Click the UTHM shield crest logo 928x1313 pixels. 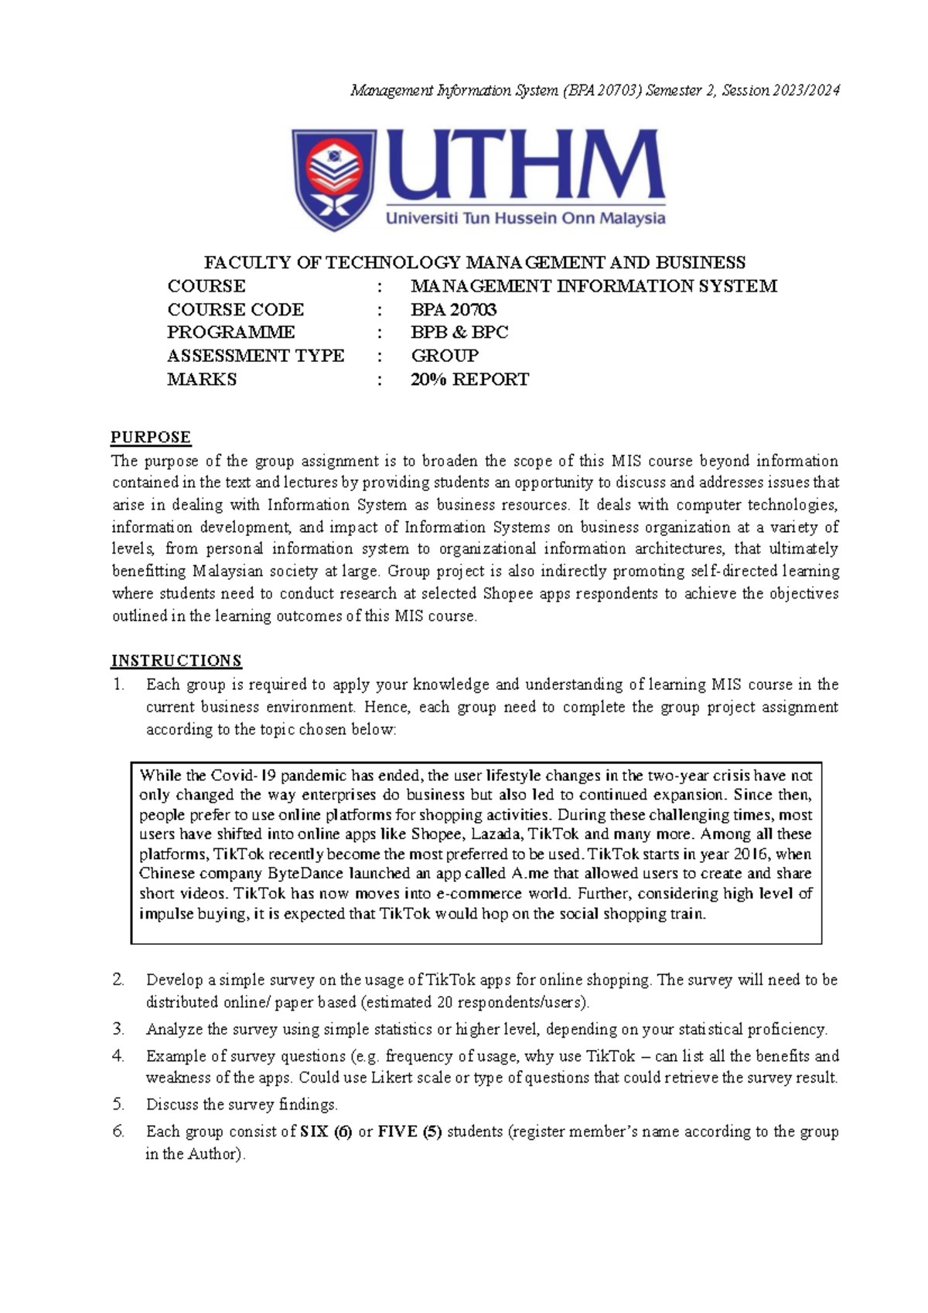pos(334,179)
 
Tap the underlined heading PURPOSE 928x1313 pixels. pos(151,438)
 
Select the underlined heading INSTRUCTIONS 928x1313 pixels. pos(176,661)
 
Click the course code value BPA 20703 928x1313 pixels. pos(453,309)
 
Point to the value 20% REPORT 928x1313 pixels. pos(469,380)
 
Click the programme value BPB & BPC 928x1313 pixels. pos(459,333)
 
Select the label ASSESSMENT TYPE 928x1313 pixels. pos(255,356)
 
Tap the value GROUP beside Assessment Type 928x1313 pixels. pos(445,356)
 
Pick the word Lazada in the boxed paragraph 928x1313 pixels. pos(496,834)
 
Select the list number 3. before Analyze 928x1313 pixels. pos(118,1029)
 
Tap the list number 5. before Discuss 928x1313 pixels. pos(118,1104)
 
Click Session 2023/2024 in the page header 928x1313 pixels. pos(780,90)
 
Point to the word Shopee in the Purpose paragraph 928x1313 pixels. pos(508,594)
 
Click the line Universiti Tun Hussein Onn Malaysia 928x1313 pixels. pos(525,219)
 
